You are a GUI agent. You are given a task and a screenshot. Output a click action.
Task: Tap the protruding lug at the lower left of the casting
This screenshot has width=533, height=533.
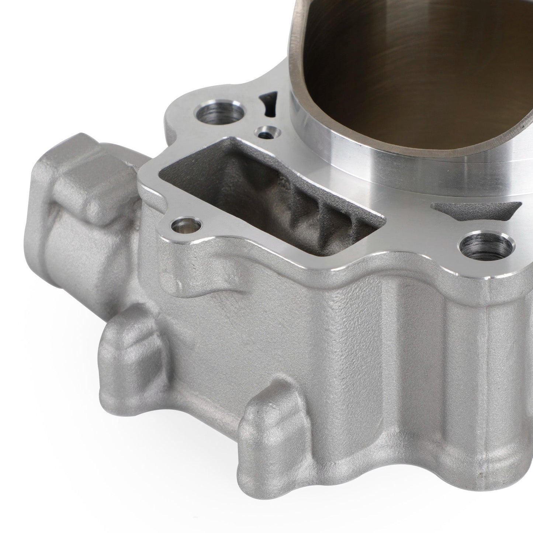[129, 354]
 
